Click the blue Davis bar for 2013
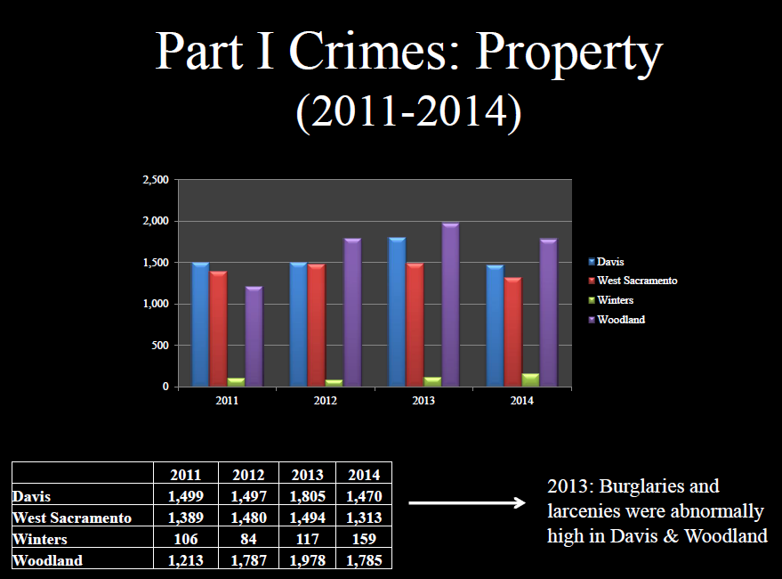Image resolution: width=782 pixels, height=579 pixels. tap(397, 312)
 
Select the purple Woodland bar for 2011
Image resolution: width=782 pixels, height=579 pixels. tap(254, 337)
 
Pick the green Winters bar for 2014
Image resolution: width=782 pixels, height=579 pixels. tap(531, 380)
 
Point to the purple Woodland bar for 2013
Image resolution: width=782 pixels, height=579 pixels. tap(450, 305)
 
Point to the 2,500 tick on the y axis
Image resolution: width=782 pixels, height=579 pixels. tap(156, 180)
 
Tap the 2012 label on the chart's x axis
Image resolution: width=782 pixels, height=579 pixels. tap(325, 401)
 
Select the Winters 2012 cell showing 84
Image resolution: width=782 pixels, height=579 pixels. tap(248, 539)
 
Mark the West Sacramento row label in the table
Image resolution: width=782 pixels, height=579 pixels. tap(73, 518)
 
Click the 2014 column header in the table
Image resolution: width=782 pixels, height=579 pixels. tap(363, 475)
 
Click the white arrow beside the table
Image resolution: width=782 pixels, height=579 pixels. tap(467, 503)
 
